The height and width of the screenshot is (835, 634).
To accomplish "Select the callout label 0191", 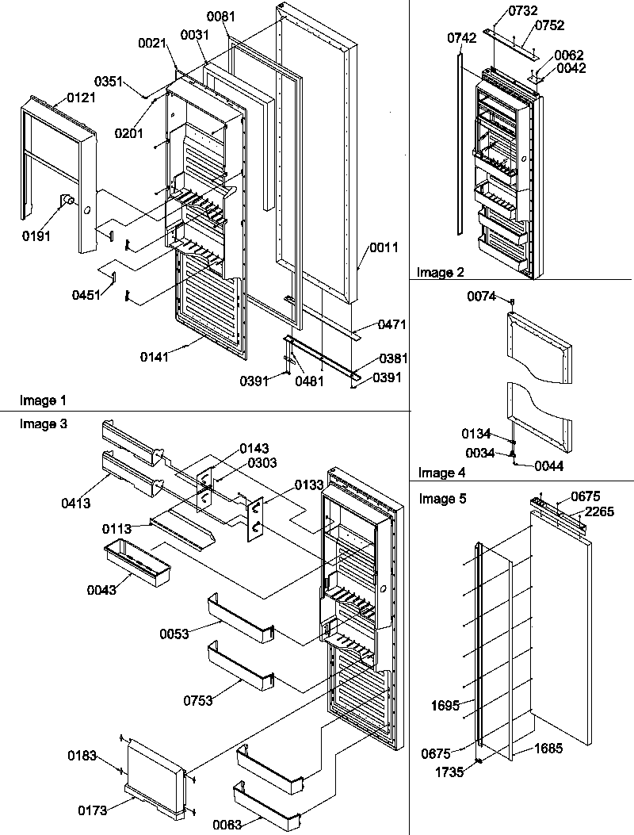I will click(x=36, y=236).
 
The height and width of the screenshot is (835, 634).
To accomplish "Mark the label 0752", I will click(x=548, y=25).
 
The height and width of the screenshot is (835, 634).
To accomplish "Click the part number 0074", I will click(x=480, y=297).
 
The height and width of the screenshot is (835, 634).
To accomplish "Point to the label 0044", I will click(x=548, y=466).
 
